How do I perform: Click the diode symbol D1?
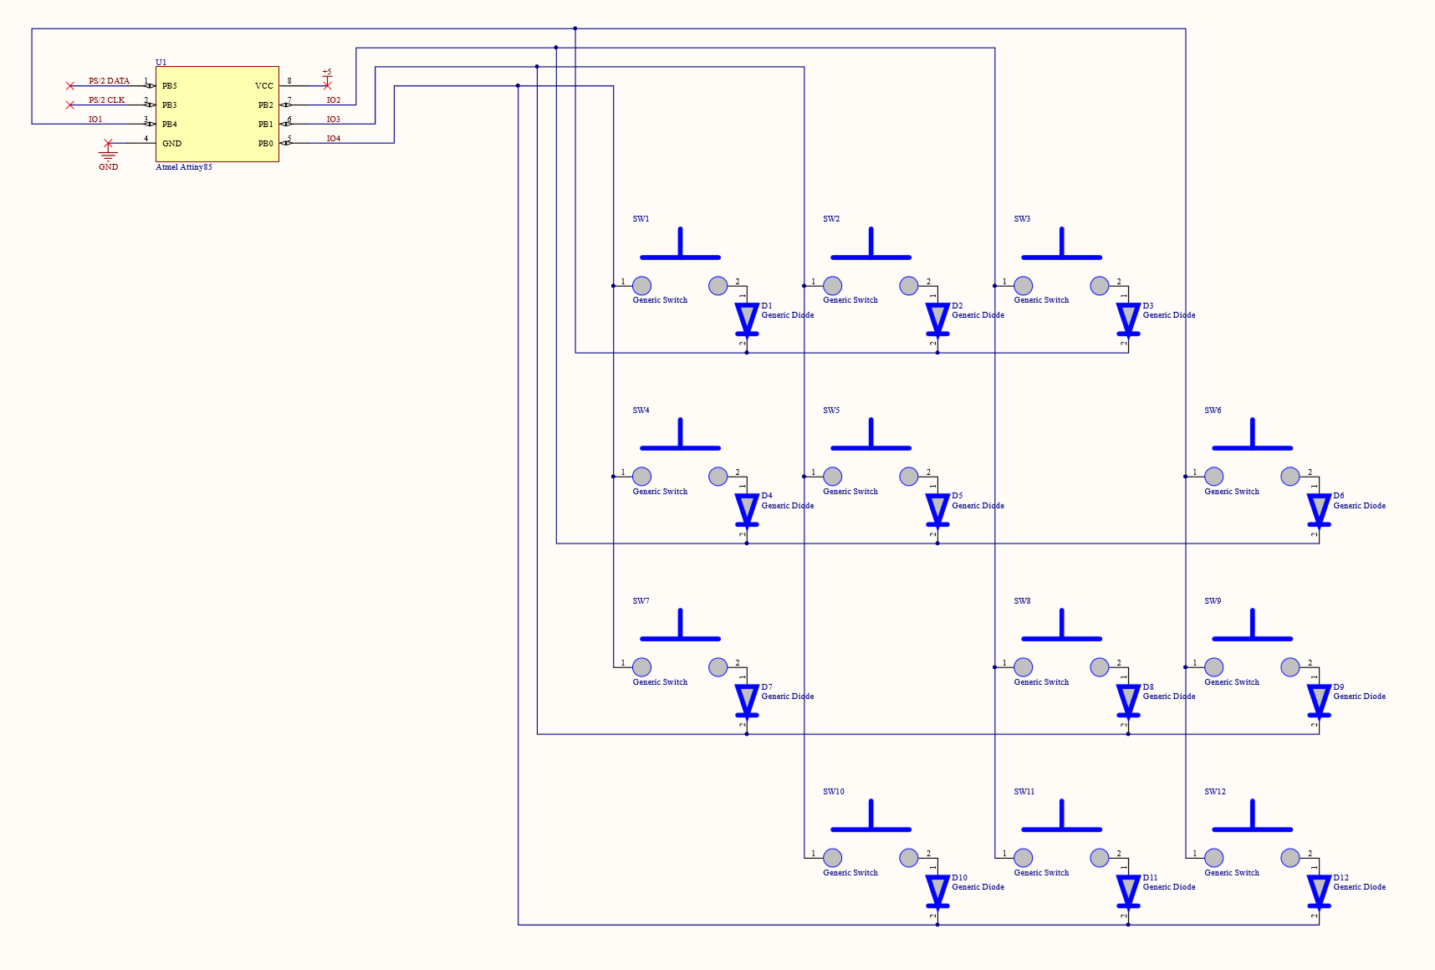coord(747,319)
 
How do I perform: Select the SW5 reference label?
coord(830,411)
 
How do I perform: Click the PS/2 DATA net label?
coord(109,81)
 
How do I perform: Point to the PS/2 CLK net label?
coord(106,100)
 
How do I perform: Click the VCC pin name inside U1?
coord(263,86)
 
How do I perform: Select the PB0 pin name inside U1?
coord(265,144)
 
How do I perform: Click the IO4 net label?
coord(333,139)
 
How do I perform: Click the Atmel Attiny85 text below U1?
coord(184,167)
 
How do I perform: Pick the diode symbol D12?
coord(1319,891)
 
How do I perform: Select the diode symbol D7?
coord(747,700)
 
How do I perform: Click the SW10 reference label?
coord(833,792)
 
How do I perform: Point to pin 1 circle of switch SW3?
coord(1024,286)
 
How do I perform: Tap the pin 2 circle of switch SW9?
coord(1290,667)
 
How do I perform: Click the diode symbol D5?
coord(937,509)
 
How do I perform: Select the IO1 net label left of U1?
coord(95,120)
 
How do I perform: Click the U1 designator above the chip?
coord(161,63)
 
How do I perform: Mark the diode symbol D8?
coord(1128,700)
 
